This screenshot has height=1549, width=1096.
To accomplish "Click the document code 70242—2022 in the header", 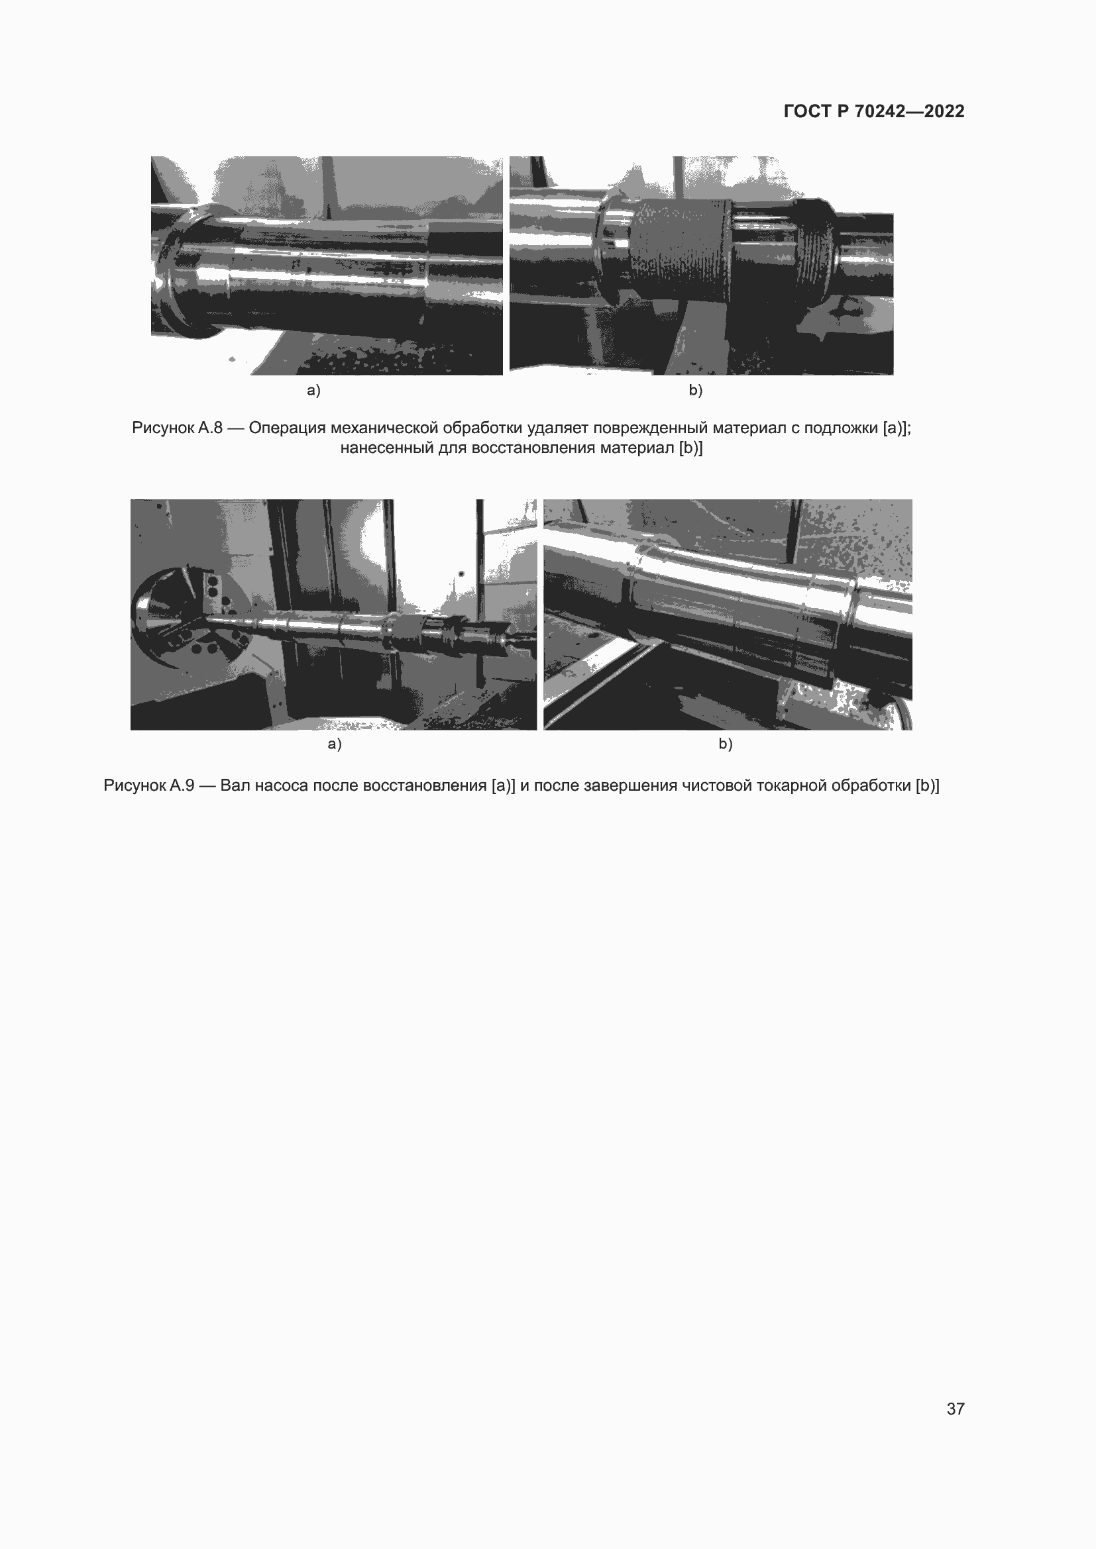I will [x=909, y=111].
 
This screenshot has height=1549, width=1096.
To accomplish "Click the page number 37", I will [x=955, y=1409].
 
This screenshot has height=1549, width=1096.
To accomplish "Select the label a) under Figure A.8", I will [x=314, y=390].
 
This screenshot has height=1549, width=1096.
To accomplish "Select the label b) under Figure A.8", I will [x=696, y=390].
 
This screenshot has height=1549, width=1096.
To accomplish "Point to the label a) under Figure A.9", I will [x=335, y=744].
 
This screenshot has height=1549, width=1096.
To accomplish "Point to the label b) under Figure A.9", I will [x=726, y=744].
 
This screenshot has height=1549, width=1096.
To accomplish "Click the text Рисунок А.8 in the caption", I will [x=177, y=428].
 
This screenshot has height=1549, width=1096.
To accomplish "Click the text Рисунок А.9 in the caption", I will [x=148, y=785].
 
